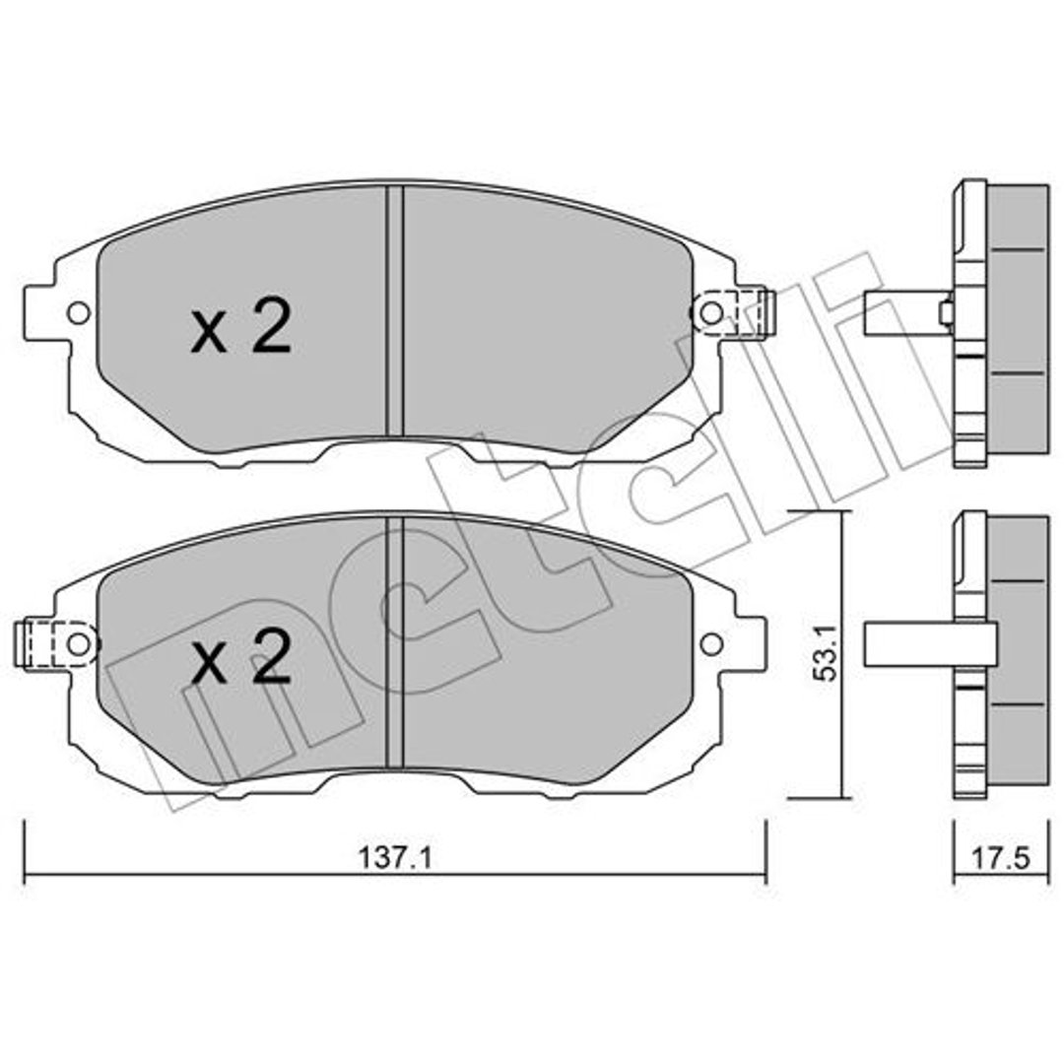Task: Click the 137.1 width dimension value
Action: [395, 858]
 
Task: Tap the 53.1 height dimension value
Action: [828, 654]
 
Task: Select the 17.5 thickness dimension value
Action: [1001, 858]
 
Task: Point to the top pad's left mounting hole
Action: [79, 313]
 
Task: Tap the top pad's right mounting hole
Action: [710, 313]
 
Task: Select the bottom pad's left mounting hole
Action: [79, 644]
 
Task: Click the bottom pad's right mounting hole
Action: [710, 644]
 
